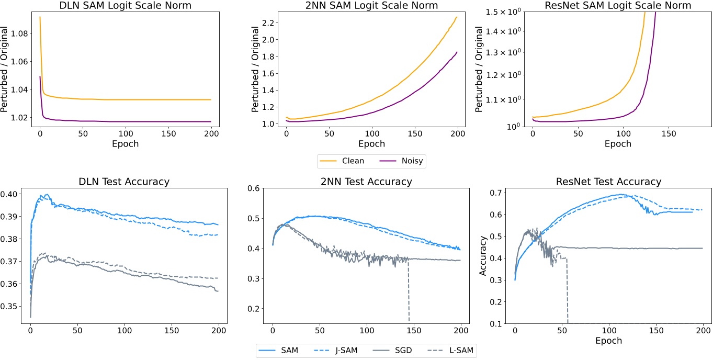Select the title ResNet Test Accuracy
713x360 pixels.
(x=609, y=182)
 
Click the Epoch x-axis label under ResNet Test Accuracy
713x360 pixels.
(x=609, y=340)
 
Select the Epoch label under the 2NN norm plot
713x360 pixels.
(x=371, y=144)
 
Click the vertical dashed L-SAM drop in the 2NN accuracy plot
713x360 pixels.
(x=409, y=293)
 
